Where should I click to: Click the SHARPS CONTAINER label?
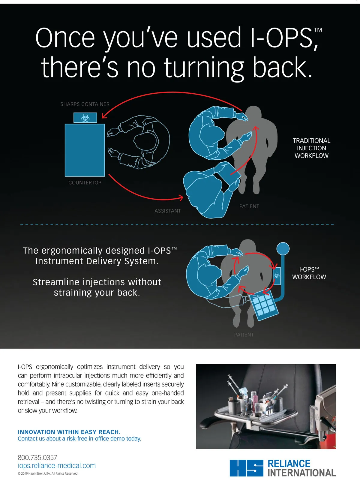tap(85, 104)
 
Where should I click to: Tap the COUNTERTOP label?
tap(85, 183)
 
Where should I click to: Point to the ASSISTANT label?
tap(168, 211)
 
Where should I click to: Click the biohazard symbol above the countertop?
tap(85, 118)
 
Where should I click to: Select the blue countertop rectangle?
tap(85, 150)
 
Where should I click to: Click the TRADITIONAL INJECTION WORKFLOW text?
tap(312, 148)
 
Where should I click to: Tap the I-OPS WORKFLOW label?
tap(309, 273)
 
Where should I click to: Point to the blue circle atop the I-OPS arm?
tap(283, 248)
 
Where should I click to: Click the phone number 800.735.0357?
tap(37, 457)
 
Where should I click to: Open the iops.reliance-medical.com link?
tap(57, 465)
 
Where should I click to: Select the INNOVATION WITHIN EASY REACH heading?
tap(69, 432)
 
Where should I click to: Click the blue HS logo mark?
tap(247, 468)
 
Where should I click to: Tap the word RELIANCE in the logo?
tap(289, 464)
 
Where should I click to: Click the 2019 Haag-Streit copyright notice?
tap(48, 473)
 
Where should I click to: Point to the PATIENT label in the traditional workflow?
tap(249, 206)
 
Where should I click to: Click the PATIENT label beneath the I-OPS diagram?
tap(244, 335)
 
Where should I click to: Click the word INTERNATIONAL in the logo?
tap(302, 473)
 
